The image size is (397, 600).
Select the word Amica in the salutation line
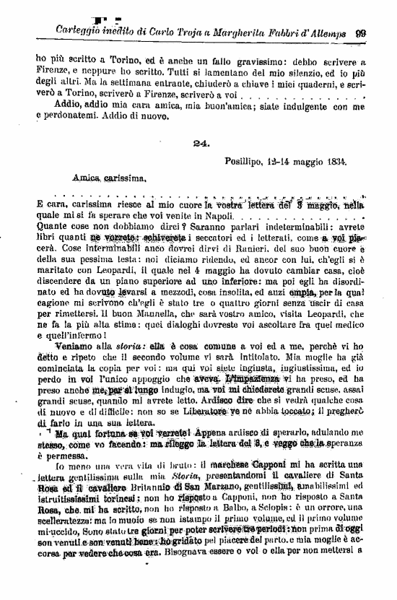87,177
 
